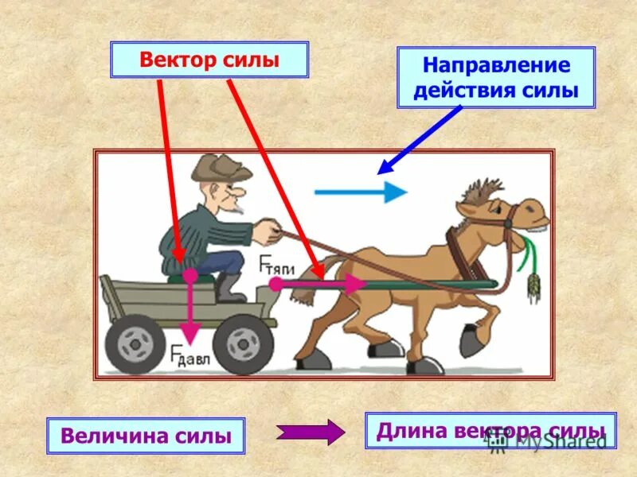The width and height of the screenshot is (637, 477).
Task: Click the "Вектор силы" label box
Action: pyautogui.click(x=209, y=60)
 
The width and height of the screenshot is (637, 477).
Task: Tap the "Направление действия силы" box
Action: pyautogui.click(x=496, y=77)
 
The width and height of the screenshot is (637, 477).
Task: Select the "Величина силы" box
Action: pyautogui.click(x=146, y=436)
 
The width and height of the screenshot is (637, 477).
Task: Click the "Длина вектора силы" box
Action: pyautogui.click(x=490, y=430)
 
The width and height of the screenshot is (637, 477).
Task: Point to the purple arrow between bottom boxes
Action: pyautogui.click(x=311, y=432)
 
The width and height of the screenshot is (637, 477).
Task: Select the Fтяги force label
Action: pyautogui.click(x=273, y=266)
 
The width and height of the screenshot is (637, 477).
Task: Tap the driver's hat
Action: pyautogui.click(x=219, y=165)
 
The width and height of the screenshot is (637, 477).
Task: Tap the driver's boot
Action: pyautogui.click(x=230, y=290)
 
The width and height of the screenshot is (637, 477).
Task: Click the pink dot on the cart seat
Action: pyautogui.click(x=190, y=275)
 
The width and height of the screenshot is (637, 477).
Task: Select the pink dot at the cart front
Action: pyautogui.click(x=276, y=283)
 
